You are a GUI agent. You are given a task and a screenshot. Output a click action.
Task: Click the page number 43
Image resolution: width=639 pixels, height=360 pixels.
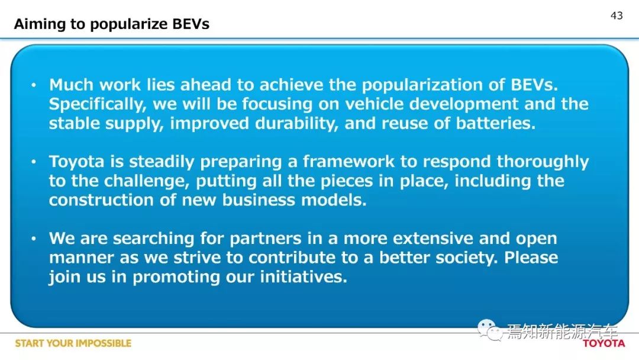(617, 15)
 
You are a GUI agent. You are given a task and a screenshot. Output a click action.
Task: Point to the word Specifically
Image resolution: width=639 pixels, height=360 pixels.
(98, 104)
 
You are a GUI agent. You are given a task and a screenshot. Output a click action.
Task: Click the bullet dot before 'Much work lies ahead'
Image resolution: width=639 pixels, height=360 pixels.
(34, 85)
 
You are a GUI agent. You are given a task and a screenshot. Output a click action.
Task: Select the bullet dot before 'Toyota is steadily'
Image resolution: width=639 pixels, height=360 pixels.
(34, 162)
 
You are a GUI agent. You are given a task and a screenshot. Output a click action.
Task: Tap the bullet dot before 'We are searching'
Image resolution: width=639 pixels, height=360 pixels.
(34, 239)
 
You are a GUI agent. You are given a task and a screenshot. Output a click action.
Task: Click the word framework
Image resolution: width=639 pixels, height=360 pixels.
(348, 162)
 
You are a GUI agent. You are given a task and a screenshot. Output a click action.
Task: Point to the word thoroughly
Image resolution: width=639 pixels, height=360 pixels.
(543, 162)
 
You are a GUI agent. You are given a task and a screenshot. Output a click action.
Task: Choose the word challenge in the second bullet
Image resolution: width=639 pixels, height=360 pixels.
(147, 181)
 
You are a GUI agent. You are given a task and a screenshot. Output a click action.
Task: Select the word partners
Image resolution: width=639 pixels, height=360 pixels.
(265, 239)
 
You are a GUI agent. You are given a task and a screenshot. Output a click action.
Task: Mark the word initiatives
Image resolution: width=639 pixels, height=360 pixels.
(304, 277)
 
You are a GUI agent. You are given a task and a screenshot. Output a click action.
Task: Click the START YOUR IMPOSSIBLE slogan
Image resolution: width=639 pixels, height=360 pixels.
(73, 343)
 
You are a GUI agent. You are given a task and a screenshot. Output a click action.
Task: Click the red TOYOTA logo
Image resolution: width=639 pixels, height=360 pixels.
(604, 343)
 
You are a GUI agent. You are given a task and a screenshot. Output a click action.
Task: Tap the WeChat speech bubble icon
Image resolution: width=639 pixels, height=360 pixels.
(489, 329)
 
